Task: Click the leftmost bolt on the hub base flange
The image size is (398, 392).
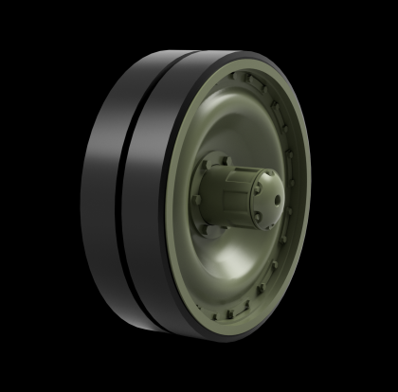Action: (197, 200)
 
